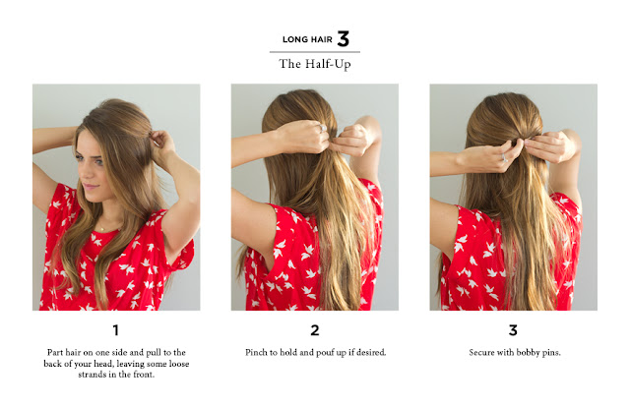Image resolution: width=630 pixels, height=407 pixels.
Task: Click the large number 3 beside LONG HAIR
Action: coord(344,39)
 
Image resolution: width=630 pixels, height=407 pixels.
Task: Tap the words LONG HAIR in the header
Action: coord(307,39)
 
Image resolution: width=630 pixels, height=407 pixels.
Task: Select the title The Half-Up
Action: coord(315,64)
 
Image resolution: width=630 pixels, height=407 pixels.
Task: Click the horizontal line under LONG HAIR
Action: coord(315,52)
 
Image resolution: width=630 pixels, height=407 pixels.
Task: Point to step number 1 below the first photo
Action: coord(116,330)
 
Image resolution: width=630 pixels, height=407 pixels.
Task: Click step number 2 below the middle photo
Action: coord(315,330)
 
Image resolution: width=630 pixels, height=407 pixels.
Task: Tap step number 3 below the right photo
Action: coord(513,330)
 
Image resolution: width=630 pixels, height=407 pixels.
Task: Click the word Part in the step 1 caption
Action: coord(55,352)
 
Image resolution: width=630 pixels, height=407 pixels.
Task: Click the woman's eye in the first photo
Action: coord(98,162)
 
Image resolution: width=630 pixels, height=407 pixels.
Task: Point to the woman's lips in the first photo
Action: coord(90,186)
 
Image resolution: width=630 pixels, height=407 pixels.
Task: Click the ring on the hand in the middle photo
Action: coord(323,128)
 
